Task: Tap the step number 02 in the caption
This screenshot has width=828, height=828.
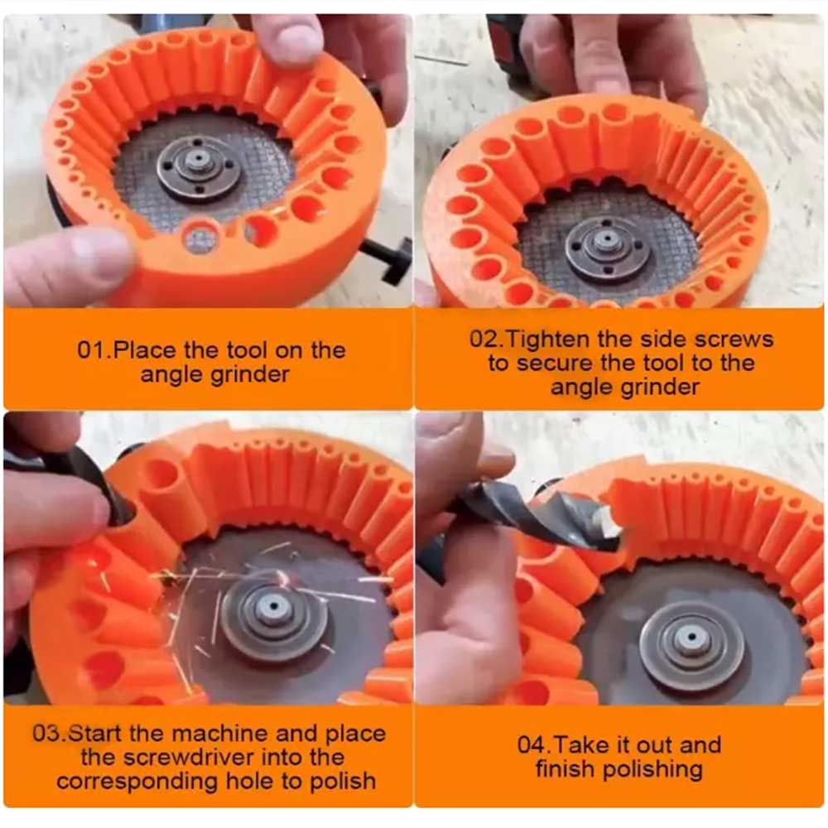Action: (484, 339)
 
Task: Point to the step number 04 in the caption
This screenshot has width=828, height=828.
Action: (532, 745)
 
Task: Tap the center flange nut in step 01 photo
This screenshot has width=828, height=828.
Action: (199, 164)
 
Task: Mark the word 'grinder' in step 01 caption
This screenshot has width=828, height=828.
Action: (249, 374)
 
